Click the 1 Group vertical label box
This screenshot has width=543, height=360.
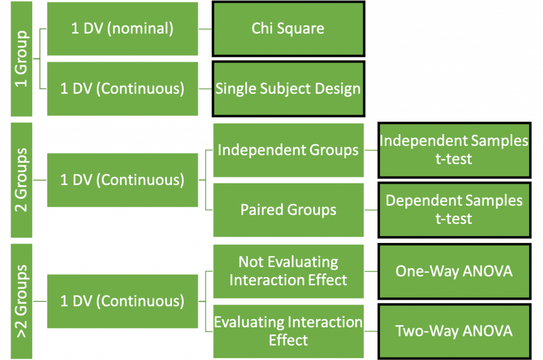(x=21, y=59)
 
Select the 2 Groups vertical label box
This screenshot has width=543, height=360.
(x=21, y=180)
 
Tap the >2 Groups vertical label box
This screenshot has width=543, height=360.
(x=21, y=301)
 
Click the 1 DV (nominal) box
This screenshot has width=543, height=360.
(x=122, y=29)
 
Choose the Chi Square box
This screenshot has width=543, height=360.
(x=288, y=29)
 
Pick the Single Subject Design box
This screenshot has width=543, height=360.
(x=288, y=89)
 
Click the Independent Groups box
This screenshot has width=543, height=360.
(x=288, y=150)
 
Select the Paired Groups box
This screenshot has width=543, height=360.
(x=288, y=210)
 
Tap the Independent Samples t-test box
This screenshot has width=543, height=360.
(x=454, y=150)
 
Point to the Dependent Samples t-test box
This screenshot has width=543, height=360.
(x=454, y=210)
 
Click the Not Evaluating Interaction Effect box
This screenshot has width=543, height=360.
(x=288, y=271)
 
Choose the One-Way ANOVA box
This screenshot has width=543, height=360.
(x=454, y=271)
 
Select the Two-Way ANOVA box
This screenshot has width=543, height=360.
(x=454, y=331)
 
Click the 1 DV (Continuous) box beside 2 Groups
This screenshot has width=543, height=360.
(x=122, y=180)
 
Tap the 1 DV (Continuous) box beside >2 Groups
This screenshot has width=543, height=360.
(x=122, y=301)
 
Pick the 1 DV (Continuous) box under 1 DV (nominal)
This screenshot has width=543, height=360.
(x=122, y=89)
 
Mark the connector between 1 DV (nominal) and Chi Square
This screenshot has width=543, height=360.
(x=206, y=29)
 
